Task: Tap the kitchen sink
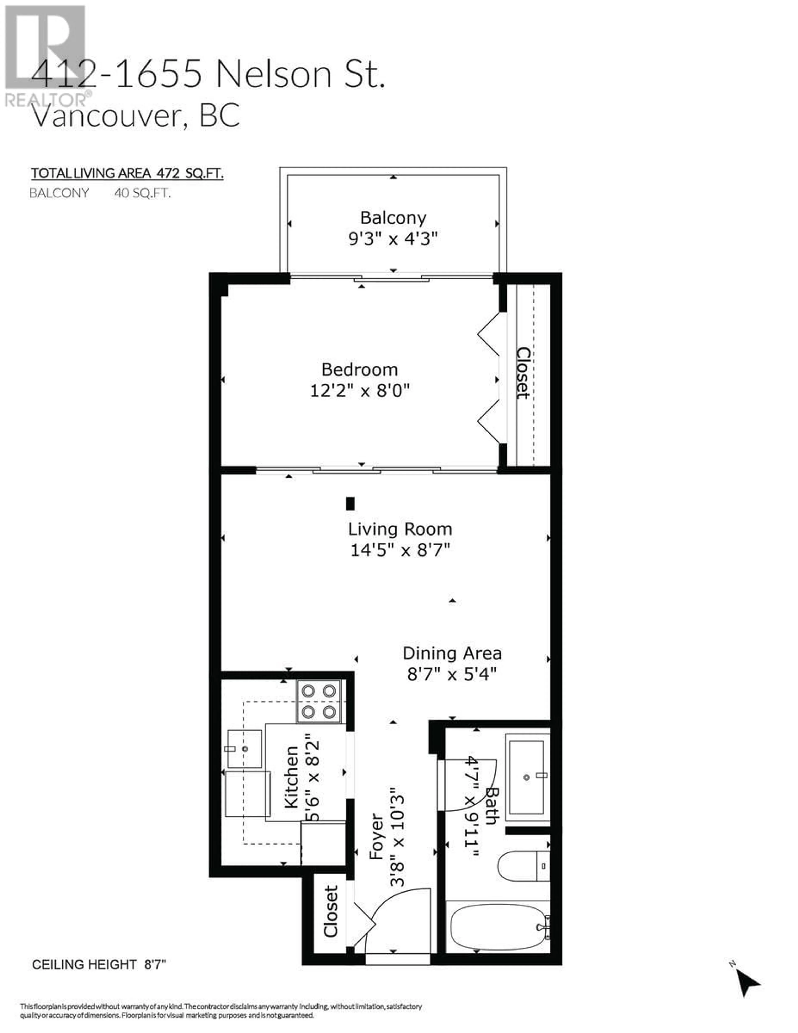[245, 749]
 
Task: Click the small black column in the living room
[350, 503]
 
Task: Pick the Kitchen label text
[291, 777]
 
